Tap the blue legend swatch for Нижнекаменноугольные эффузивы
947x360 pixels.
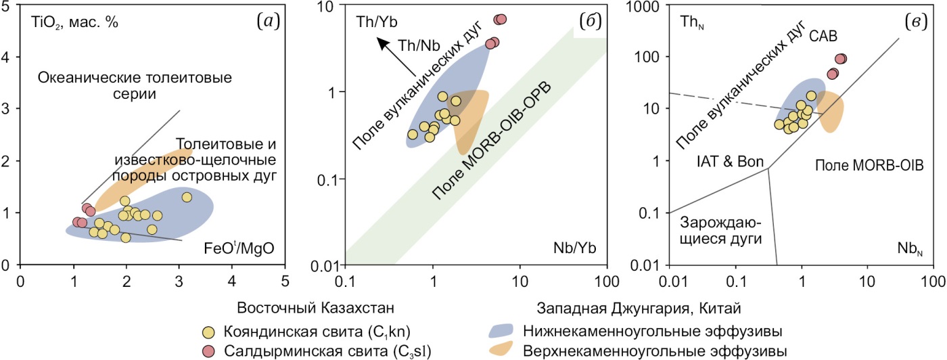[504, 332]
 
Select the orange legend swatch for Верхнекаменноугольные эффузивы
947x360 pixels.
[504, 351]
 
